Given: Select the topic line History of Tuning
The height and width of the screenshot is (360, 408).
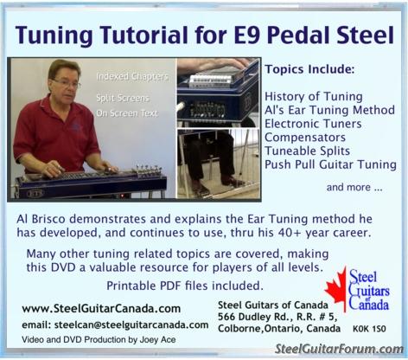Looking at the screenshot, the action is [x=314, y=97].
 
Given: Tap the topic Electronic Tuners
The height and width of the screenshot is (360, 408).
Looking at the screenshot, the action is [x=313, y=124].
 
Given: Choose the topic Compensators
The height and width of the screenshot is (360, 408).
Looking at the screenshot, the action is [x=305, y=138].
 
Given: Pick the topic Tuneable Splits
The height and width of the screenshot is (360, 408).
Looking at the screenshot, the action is [x=307, y=151].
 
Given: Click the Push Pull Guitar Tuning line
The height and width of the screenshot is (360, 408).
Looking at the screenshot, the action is [x=330, y=164].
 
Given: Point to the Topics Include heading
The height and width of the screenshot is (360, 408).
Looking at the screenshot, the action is [x=309, y=69].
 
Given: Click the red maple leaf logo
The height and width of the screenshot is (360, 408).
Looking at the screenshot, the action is [x=336, y=289].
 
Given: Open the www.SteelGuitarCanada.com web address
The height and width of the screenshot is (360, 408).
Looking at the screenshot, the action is [x=101, y=309].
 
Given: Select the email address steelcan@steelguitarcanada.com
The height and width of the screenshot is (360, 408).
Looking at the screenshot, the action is [x=131, y=325].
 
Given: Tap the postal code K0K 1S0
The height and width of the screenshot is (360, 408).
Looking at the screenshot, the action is [x=369, y=329].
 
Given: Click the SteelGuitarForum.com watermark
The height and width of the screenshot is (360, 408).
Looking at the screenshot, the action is [x=339, y=350].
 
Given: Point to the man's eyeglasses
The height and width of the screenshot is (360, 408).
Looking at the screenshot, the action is [x=67, y=84].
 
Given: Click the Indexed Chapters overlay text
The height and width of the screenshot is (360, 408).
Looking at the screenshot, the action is [x=132, y=77].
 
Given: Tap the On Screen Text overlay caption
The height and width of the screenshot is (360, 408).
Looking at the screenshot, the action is [x=127, y=113].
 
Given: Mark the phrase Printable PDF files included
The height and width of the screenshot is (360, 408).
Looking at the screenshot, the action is [x=185, y=286].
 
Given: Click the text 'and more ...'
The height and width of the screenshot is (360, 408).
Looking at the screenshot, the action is [x=354, y=188].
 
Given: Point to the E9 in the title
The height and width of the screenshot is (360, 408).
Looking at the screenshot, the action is [x=246, y=35].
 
